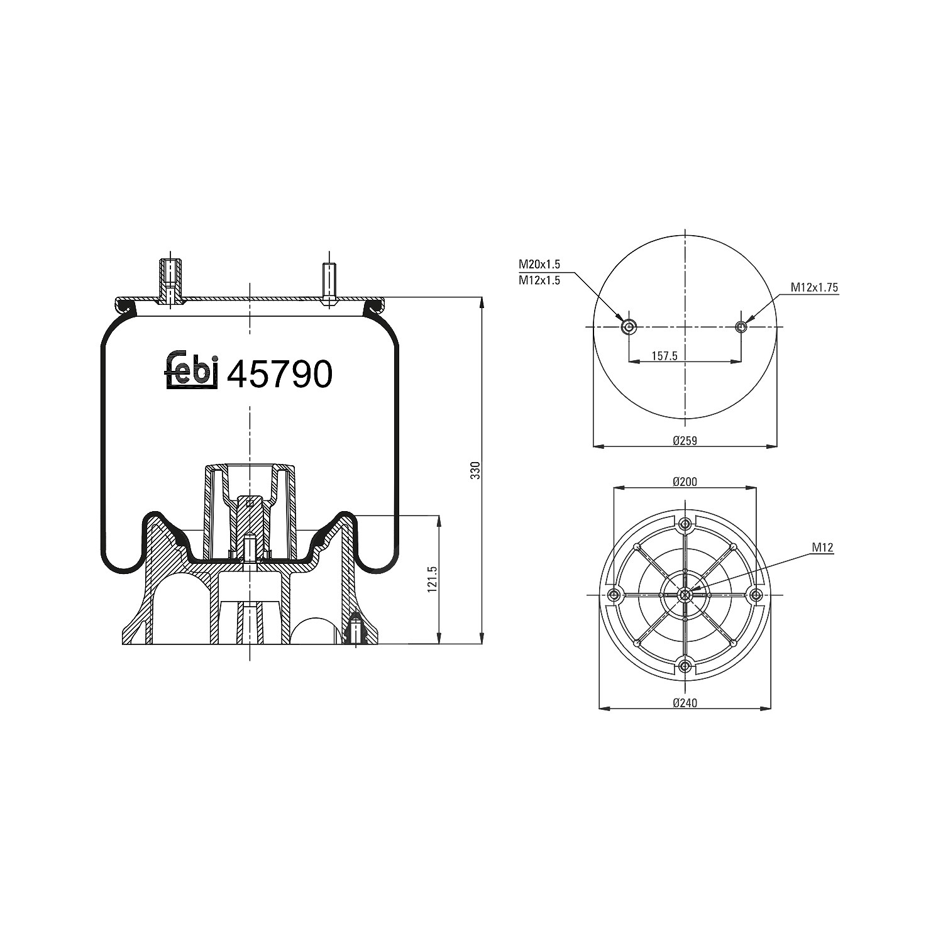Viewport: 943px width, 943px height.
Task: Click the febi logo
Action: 192,371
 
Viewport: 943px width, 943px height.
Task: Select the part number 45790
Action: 278,375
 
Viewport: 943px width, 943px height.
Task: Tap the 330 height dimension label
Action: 475,470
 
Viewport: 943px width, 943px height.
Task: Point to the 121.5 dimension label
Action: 431,578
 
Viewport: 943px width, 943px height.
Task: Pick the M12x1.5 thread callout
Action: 539,281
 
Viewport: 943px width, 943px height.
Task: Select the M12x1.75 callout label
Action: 814,287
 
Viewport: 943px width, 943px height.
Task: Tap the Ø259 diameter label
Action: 685,441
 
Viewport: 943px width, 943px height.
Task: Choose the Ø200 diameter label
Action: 685,482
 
